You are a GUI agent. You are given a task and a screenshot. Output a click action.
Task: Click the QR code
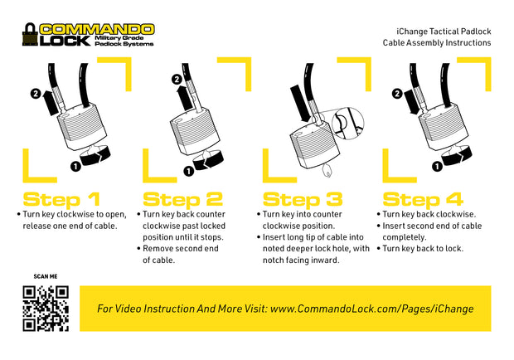(x=46, y=309)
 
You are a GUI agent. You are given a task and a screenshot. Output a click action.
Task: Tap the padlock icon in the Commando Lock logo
(x=30, y=35)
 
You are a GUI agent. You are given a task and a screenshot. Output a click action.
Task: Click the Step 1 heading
(x=61, y=199)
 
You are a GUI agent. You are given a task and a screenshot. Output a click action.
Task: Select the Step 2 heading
(x=183, y=199)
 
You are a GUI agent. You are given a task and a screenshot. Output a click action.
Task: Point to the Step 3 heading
(x=303, y=199)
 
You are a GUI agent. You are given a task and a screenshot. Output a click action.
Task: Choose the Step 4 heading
(x=423, y=199)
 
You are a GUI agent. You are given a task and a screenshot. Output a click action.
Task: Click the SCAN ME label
(x=46, y=276)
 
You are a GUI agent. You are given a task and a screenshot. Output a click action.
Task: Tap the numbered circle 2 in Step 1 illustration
(x=36, y=94)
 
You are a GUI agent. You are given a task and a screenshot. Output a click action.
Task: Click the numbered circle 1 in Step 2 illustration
(x=188, y=171)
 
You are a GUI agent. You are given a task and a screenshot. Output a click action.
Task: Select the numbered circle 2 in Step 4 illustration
(x=397, y=94)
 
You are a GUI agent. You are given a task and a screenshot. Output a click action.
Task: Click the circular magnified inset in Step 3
(x=348, y=124)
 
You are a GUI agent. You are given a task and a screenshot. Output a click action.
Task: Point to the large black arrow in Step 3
(x=300, y=104)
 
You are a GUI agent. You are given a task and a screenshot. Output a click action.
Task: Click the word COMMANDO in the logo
(x=97, y=29)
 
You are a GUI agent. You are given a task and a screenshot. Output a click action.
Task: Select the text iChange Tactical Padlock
(x=444, y=32)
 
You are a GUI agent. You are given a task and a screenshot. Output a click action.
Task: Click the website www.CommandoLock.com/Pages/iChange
(x=371, y=309)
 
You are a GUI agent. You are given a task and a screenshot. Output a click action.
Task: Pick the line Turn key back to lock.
(x=423, y=249)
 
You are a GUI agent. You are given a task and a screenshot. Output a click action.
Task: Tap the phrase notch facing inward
(x=301, y=260)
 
